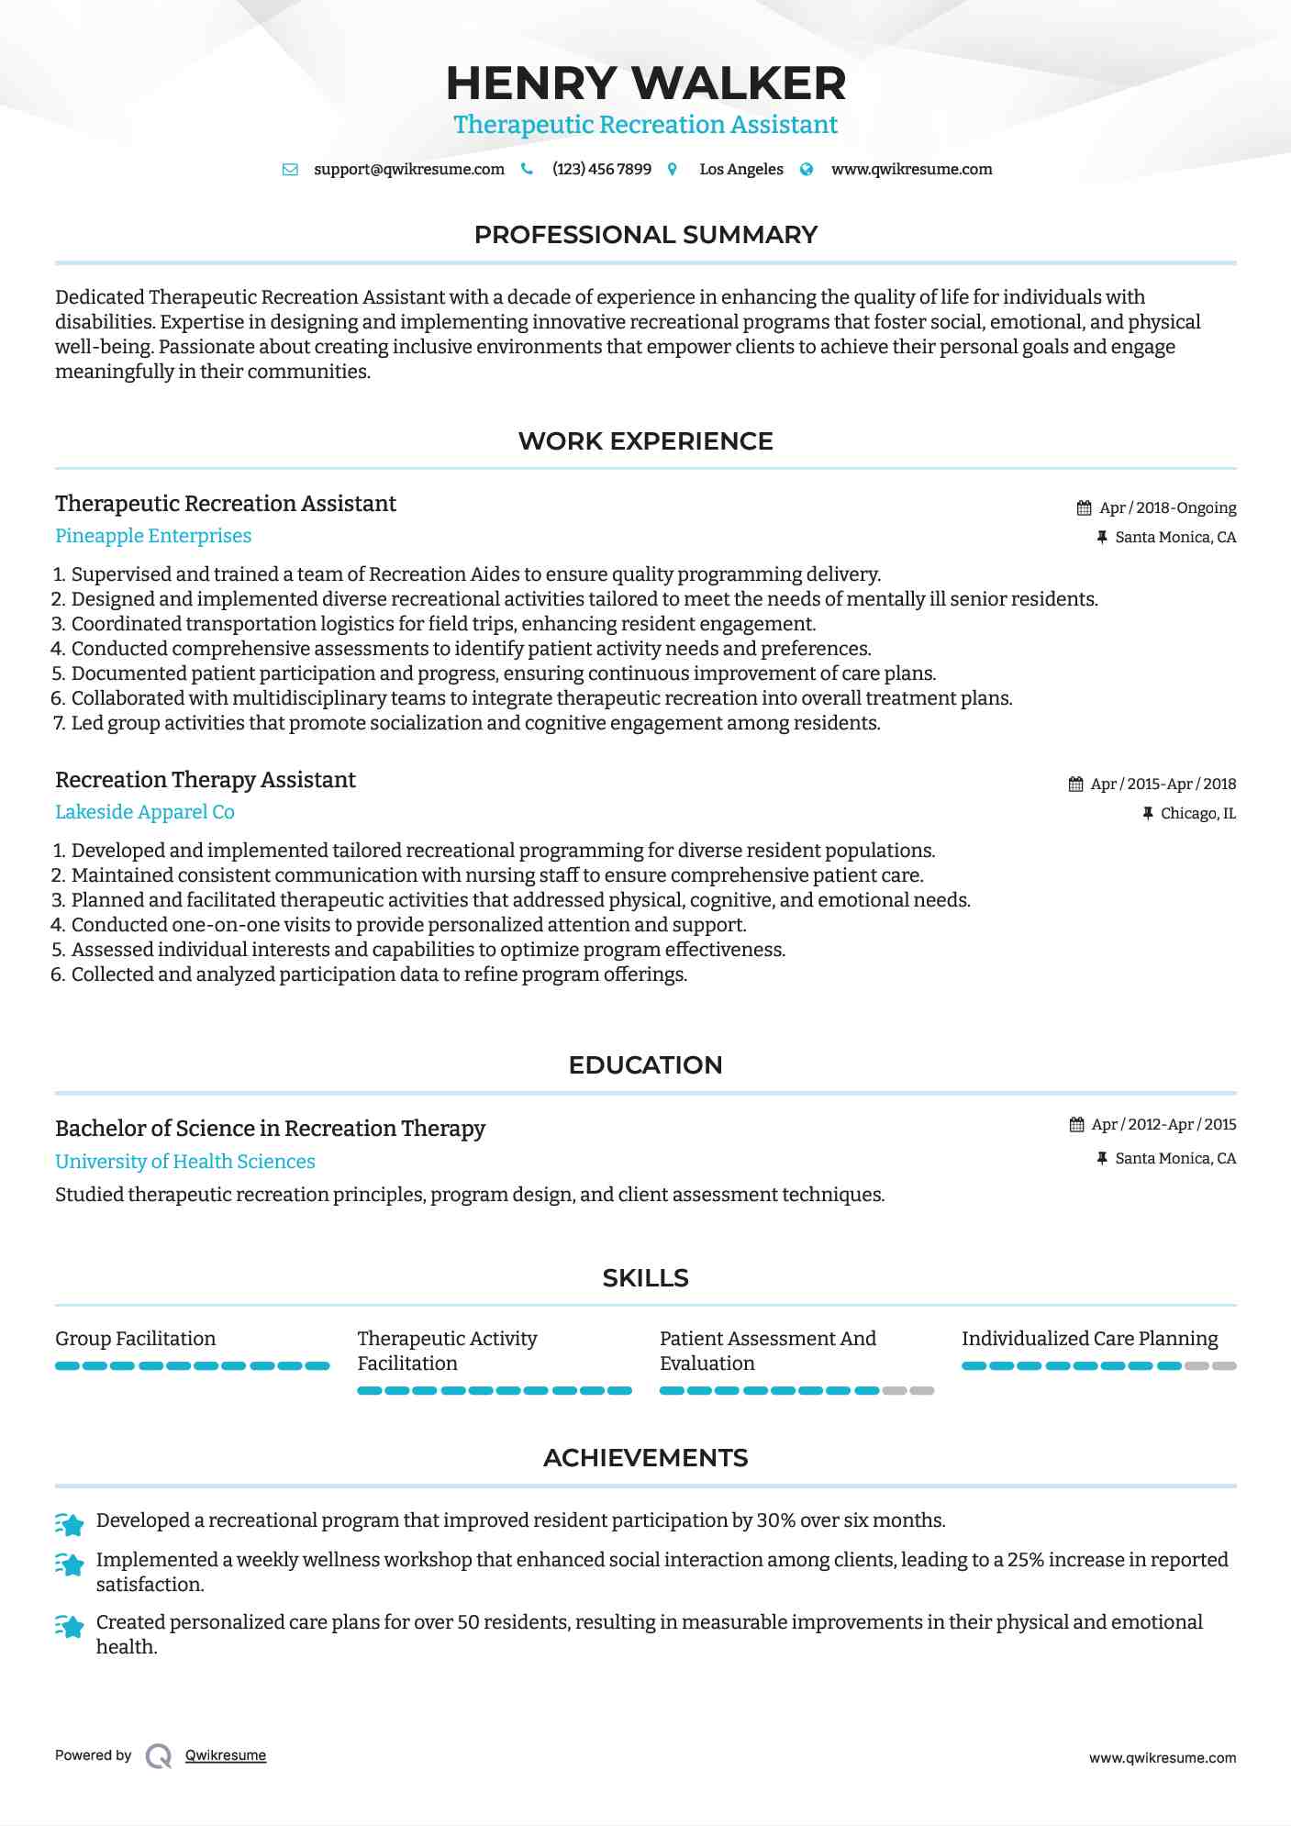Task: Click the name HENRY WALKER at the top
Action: pyautogui.click(x=645, y=84)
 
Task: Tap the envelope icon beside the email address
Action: pyautogui.click(x=290, y=170)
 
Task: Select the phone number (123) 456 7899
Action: pyautogui.click(x=601, y=170)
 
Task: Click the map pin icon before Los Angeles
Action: pyautogui.click(x=673, y=170)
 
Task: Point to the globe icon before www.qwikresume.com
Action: pyautogui.click(x=807, y=170)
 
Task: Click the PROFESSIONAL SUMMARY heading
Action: pyautogui.click(x=645, y=235)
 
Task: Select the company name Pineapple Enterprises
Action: pyautogui.click(x=153, y=536)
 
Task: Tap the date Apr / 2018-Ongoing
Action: pyautogui.click(x=1167, y=508)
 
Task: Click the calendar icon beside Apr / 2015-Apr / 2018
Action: pyautogui.click(x=1075, y=785)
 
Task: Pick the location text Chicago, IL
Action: pyautogui.click(x=1197, y=814)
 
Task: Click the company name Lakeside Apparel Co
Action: pyautogui.click(x=145, y=812)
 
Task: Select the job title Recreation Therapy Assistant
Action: pyautogui.click(x=206, y=780)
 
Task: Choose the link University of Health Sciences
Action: pyautogui.click(x=185, y=1162)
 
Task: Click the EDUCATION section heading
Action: pyautogui.click(x=645, y=1065)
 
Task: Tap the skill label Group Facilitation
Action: pyautogui.click(x=136, y=1339)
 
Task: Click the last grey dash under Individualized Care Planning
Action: pyautogui.click(x=1224, y=1366)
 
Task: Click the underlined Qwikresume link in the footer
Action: pyautogui.click(x=226, y=1755)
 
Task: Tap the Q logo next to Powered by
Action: pyautogui.click(x=159, y=1756)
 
